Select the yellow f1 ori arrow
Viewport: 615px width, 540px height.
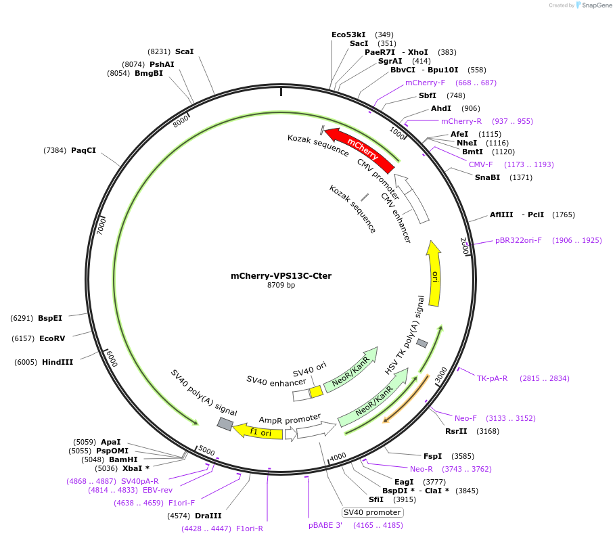click(x=258, y=431)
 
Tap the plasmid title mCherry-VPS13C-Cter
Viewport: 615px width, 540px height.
click(x=281, y=275)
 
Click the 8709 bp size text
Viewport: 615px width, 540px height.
click(x=281, y=285)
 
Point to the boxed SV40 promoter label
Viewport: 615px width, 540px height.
click(x=372, y=512)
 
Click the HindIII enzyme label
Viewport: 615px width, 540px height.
click(x=58, y=362)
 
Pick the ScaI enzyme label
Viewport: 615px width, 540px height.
click(x=184, y=51)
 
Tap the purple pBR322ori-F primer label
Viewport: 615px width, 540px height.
click(x=518, y=240)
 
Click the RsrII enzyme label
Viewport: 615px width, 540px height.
click(x=456, y=430)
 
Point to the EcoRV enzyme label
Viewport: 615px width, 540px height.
click(x=52, y=338)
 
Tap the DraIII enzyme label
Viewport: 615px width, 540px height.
click(x=208, y=516)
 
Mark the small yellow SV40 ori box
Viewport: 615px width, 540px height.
click(x=316, y=392)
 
